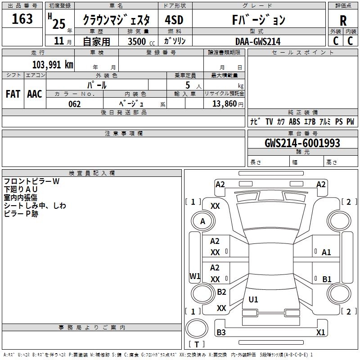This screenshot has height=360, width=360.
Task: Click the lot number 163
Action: click(22, 19)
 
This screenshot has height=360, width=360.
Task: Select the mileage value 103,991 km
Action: click(53, 64)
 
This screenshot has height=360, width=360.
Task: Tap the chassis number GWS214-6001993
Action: click(302, 143)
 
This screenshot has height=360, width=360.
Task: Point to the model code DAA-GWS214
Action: click(258, 41)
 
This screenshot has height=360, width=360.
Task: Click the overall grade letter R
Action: click(343, 20)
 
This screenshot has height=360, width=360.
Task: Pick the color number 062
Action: click(74, 104)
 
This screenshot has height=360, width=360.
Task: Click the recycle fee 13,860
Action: click(225, 104)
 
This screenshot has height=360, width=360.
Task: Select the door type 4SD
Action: click(174, 20)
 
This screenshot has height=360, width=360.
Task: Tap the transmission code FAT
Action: click(13, 94)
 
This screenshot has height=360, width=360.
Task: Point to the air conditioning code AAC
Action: click(35, 94)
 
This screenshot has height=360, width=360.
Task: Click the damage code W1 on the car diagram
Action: click(195, 276)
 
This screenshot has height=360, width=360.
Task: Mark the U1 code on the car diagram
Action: click(253, 299)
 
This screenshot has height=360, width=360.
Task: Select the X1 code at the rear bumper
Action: click(320, 333)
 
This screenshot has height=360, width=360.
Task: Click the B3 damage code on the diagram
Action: click(221, 333)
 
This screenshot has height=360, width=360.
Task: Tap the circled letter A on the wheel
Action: click(202, 221)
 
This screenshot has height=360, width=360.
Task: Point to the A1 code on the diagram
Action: click(326, 252)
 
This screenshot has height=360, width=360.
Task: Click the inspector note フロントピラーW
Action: click(31, 181)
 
